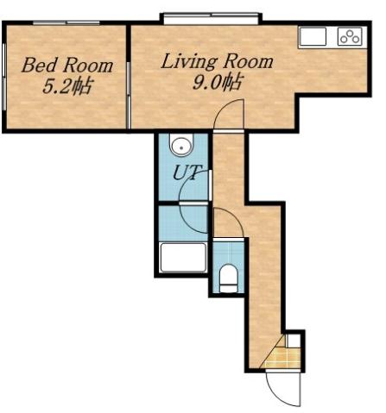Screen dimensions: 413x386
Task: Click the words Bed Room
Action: [67, 66]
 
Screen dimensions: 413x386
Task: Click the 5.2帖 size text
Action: [67, 86]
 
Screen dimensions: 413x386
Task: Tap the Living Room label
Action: [217, 62]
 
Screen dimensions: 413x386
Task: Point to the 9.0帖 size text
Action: [218, 84]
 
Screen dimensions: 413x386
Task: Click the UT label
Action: [187, 172]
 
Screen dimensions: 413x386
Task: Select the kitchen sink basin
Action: [313, 37]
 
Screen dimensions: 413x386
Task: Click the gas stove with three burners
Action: [349, 37]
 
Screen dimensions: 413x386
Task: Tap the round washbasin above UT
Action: [180, 145]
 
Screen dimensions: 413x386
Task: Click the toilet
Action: [229, 278]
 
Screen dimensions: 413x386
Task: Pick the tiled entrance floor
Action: [277, 357]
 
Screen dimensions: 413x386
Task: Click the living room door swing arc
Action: [228, 116]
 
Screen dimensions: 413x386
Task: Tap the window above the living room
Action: [211, 16]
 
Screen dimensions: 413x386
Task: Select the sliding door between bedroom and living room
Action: [129, 78]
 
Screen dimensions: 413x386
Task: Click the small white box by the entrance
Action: [294, 341]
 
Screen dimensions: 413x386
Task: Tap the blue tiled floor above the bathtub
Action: [182, 222]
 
